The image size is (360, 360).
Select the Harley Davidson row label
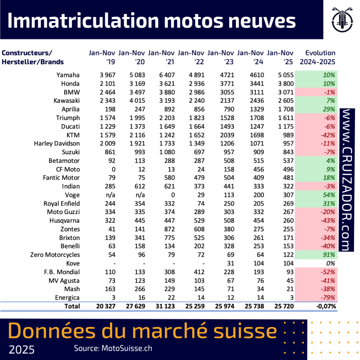[57, 144]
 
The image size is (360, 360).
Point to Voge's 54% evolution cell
[329, 195]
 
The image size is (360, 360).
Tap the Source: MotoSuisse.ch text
[113, 348]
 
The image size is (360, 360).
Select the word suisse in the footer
[246, 331]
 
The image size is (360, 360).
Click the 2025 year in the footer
[22, 350]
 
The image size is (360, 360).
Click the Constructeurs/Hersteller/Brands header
[33, 57]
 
